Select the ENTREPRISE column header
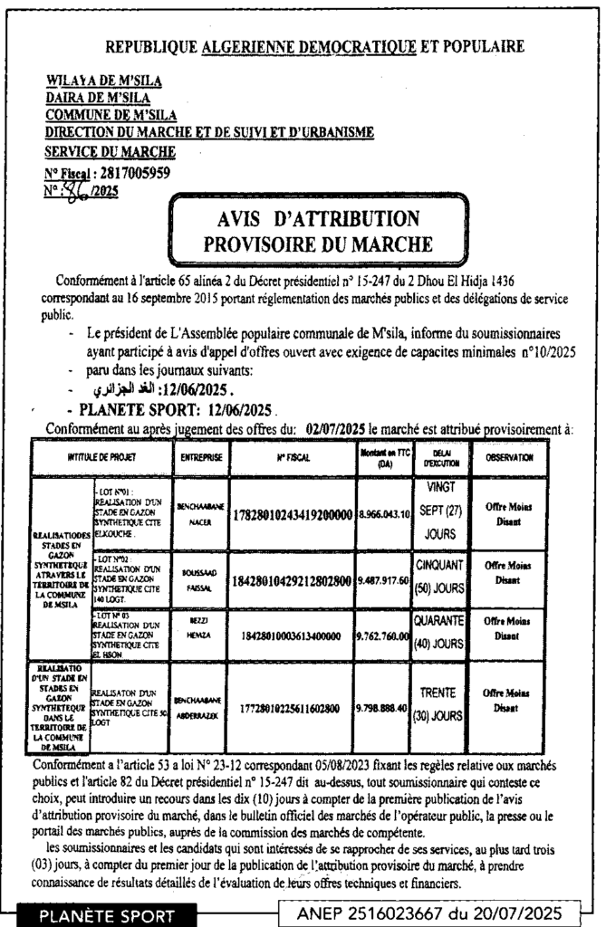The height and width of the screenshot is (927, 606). click(x=201, y=458)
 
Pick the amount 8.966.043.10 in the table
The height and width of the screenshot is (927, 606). click(x=383, y=513)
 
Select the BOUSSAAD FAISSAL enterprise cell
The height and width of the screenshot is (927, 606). click(x=201, y=579)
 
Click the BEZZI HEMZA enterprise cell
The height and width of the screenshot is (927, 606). click(x=201, y=636)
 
